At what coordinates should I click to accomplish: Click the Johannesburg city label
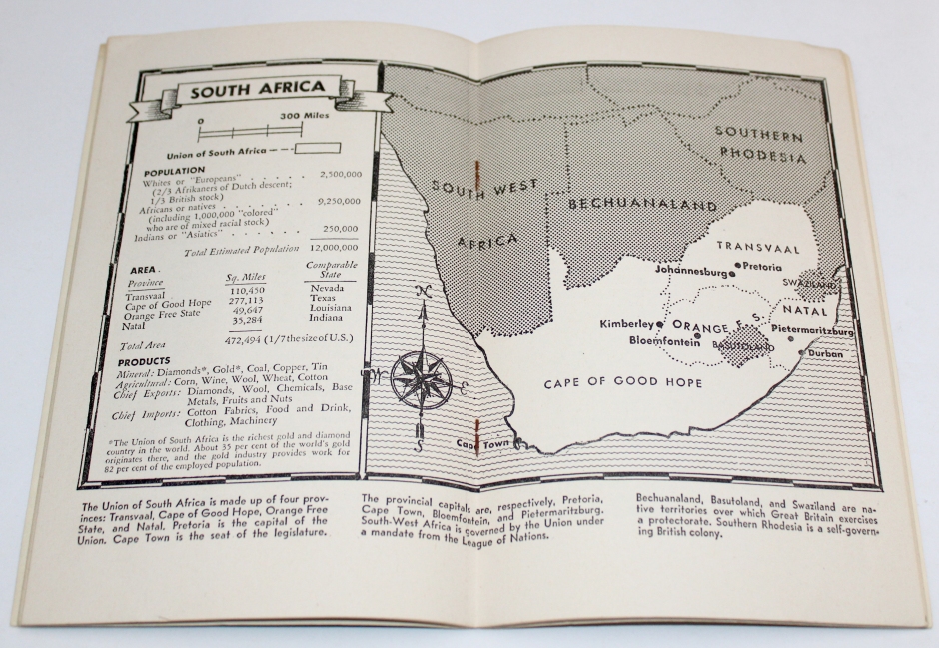[695, 270]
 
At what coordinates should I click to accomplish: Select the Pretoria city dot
[738, 266]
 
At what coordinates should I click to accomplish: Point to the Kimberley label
[626, 324]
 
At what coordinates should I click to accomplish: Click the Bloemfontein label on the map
[663, 340]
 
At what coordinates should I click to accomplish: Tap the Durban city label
[826, 354]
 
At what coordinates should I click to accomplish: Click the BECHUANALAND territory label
[641, 204]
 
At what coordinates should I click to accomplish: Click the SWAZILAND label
[810, 284]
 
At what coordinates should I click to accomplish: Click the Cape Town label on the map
[477, 443]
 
